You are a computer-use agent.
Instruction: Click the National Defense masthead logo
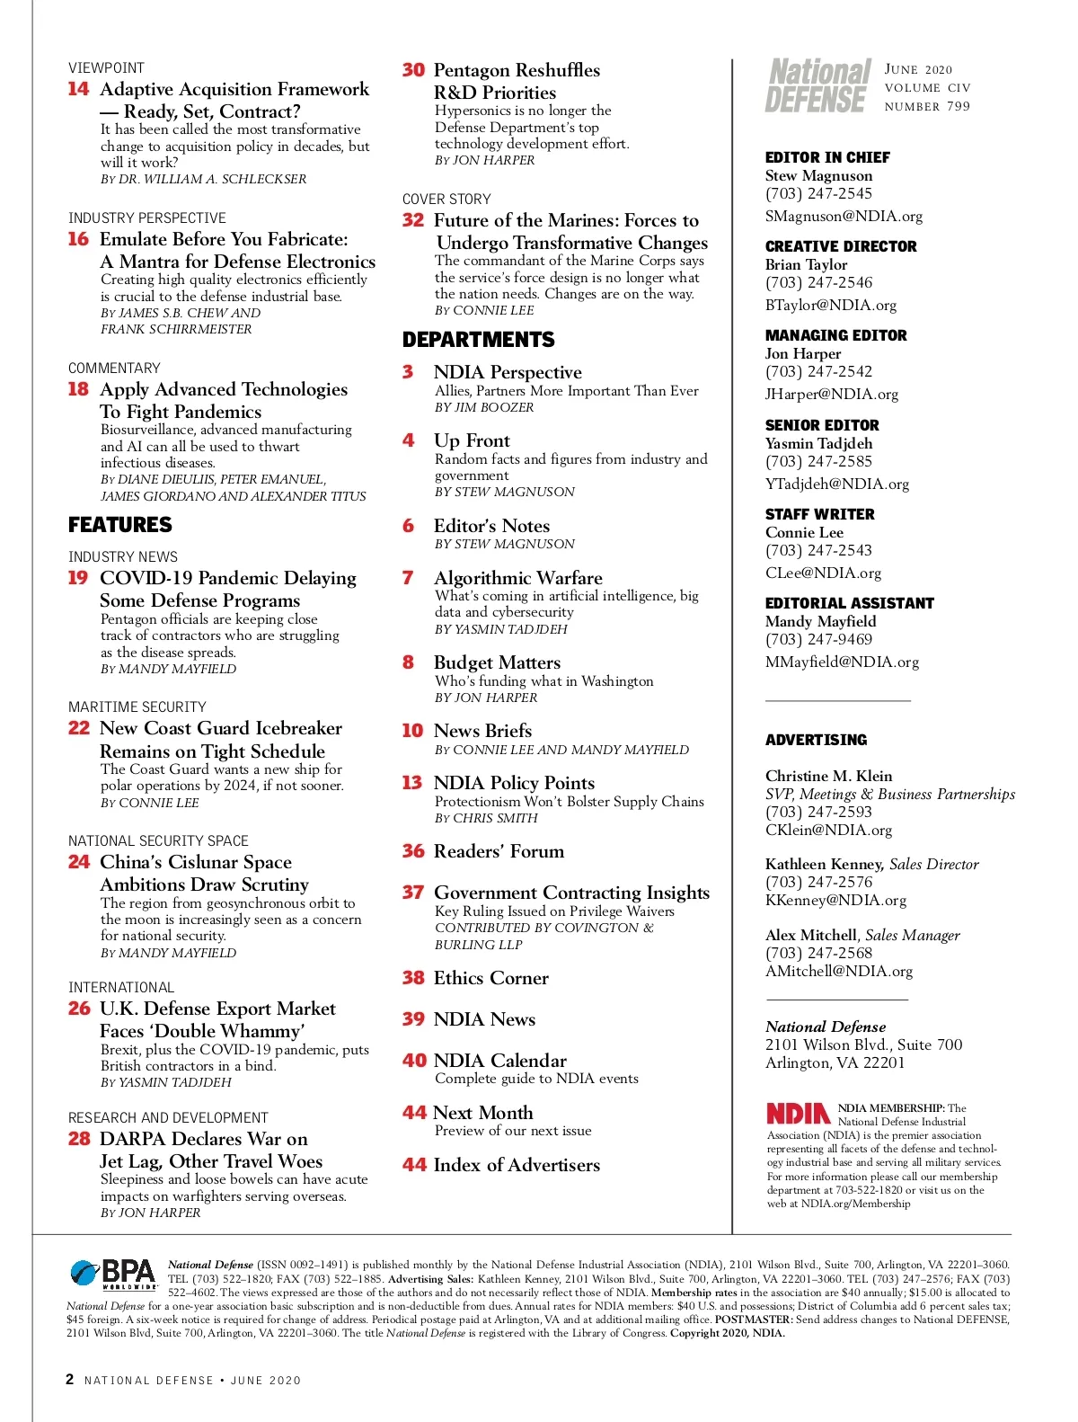pyautogui.click(x=817, y=86)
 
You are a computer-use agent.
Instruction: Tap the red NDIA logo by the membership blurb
pyautogui.click(x=798, y=1114)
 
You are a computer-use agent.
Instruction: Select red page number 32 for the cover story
pyautogui.click(x=413, y=220)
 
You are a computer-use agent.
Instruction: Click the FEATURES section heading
pyautogui.click(x=120, y=525)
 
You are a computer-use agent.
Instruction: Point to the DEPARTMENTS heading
pyautogui.click(x=479, y=340)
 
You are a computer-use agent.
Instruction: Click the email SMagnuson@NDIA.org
pyautogui.click(x=844, y=216)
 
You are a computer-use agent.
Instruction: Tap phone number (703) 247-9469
pyautogui.click(x=818, y=639)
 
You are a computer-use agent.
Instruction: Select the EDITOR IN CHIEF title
pyautogui.click(x=827, y=157)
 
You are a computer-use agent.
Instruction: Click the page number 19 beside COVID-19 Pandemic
pyautogui.click(x=78, y=578)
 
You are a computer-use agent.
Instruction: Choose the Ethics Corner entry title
pyautogui.click(x=490, y=978)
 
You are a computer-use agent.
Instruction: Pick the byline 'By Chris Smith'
pyautogui.click(x=486, y=818)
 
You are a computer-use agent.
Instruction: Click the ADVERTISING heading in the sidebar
pyautogui.click(x=816, y=740)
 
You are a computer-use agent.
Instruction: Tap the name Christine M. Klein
pyautogui.click(x=828, y=776)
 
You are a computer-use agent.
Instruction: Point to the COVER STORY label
pyautogui.click(x=446, y=199)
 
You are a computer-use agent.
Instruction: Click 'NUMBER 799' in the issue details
pyautogui.click(x=927, y=106)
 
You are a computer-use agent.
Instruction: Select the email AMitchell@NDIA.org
pyautogui.click(x=838, y=971)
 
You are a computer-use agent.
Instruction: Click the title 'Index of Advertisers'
pyautogui.click(x=517, y=1165)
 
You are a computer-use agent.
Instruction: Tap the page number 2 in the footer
pyautogui.click(x=70, y=1379)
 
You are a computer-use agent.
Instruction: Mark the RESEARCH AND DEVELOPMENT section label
pyautogui.click(x=168, y=1117)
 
